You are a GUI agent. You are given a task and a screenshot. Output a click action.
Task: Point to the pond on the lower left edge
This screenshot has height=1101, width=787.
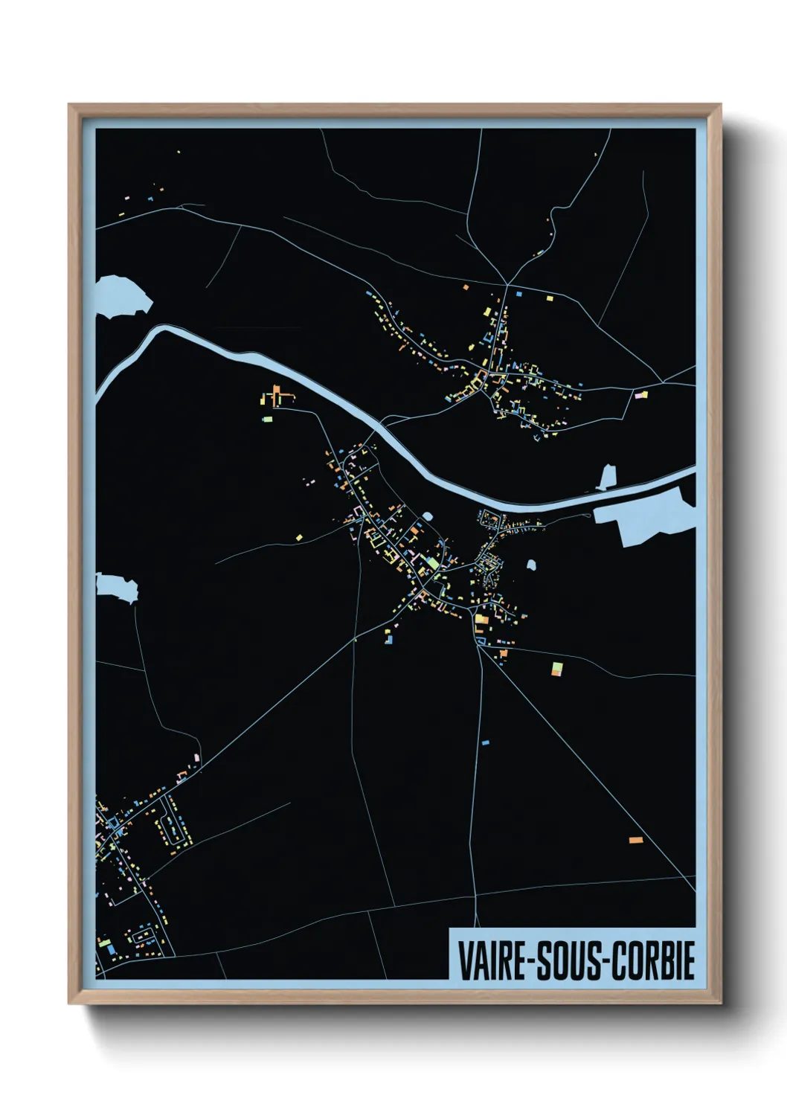(x=118, y=587)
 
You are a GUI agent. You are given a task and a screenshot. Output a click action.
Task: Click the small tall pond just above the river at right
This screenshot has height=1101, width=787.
(x=608, y=477)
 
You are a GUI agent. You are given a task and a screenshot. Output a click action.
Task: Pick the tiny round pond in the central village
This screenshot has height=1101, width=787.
(x=428, y=516)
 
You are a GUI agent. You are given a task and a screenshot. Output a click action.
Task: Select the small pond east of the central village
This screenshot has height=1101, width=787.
(x=531, y=565)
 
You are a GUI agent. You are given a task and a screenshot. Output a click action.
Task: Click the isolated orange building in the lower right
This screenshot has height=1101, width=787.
(x=635, y=840)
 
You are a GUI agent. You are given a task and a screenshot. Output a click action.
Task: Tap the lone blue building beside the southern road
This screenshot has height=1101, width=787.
(x=486, y=742)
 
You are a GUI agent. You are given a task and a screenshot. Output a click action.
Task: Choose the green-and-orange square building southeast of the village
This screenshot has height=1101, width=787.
(x=556, y=668)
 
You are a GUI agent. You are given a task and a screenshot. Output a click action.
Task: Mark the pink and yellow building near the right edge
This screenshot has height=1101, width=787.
(x=640, y=395)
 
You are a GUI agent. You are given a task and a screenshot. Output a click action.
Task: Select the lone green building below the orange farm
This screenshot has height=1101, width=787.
(x=267, y=420)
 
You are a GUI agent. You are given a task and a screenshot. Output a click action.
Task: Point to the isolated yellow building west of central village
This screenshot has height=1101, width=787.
(x=298, y=535)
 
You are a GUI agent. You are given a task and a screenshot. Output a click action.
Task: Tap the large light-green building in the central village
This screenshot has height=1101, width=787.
(x=432, y=563)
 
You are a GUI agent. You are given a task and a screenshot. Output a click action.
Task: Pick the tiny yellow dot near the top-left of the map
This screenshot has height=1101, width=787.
(x=179, y=153)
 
